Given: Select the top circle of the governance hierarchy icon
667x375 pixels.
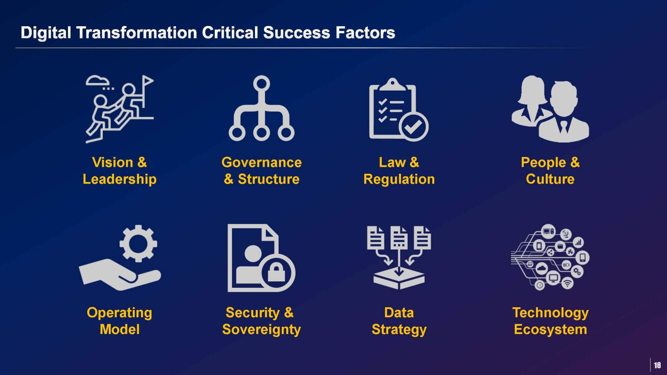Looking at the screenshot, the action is tap(262, 84).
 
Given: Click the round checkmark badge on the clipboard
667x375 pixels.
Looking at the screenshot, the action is tap(413, 127).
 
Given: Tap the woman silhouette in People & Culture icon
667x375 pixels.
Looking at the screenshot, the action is tap(530, 101).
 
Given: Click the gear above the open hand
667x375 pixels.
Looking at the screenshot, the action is tap(138, 243).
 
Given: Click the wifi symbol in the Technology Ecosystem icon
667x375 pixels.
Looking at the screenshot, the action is tap(567, 283).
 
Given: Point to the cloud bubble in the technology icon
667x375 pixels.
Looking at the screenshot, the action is tap(542, 268).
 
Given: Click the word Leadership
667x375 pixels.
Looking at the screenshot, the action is tap(120, 179).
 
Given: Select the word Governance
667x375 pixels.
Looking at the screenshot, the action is tap(262, 162).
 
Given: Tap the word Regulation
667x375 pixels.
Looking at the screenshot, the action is tap(399, 179).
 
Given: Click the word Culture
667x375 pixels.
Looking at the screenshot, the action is tap(550, 179).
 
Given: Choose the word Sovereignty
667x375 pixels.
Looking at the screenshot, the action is tap(262, 329).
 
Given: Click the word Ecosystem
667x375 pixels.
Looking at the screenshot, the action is tap(550, 329).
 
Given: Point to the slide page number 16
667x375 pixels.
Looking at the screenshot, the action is tap(657, 365).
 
